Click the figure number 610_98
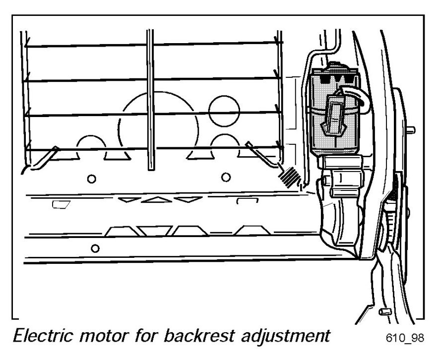tap(404, 339)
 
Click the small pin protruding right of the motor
tap(411, 131)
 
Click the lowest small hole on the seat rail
tap(96, 246)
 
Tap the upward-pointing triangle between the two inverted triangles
tap(154, 199)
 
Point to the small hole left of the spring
tap(226, 177)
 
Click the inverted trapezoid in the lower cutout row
tap(155, 231)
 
